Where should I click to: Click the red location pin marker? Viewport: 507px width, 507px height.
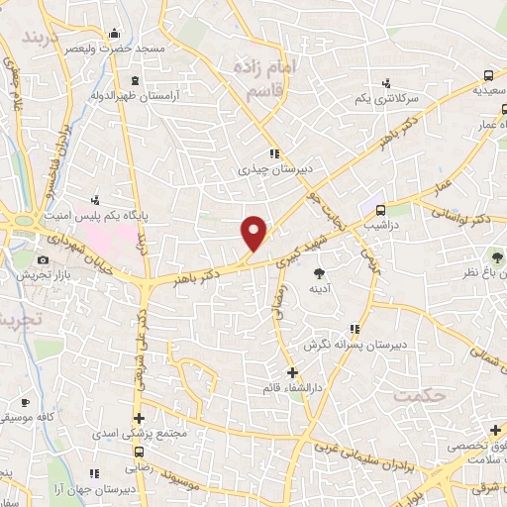click(254, 232)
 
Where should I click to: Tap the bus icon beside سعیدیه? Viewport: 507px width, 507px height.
click(489, 76)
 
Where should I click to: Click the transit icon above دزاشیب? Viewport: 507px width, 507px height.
click(378, 209)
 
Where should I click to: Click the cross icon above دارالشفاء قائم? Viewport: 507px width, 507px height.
click(291, 372)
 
